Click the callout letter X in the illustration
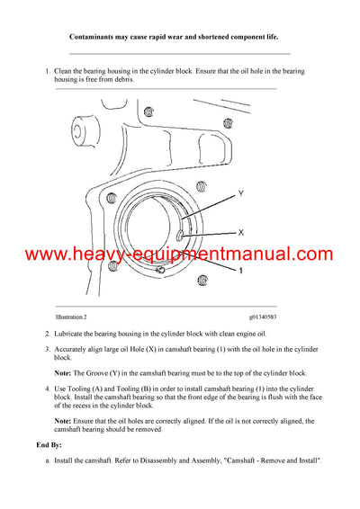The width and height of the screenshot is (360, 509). click(x=239, y=232)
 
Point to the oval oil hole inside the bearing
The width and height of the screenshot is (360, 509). click(x=180, y=237)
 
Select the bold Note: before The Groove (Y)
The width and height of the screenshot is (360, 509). click(x=64, y=372)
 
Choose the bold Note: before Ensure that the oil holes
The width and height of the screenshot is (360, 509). click(x=64, y=421)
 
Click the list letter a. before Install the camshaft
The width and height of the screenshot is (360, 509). click(x=48, y=460)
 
